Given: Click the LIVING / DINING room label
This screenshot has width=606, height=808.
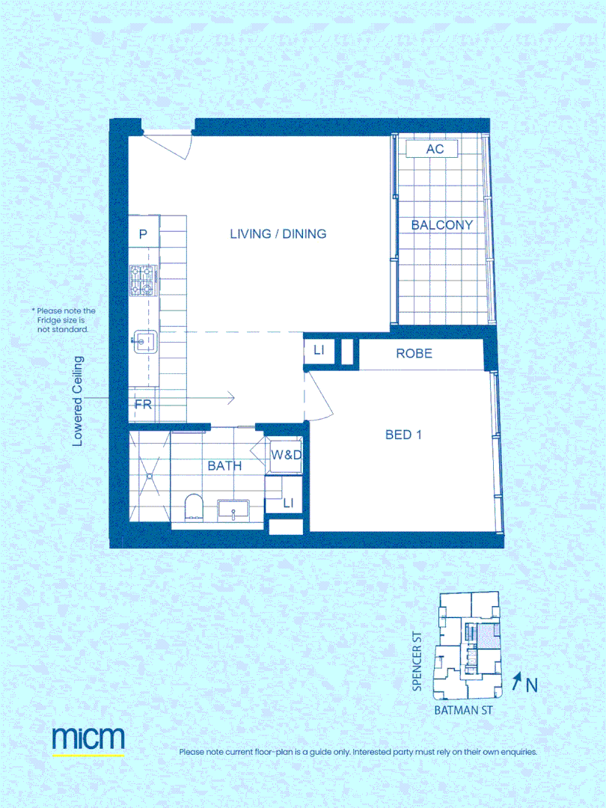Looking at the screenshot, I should (x=278, y=234).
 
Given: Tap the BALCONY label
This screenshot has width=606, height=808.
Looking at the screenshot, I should (x=442, y=224).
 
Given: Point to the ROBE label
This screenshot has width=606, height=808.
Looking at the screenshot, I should (x=414, y=353).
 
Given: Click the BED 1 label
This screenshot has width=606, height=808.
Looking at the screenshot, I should (x=403, y=434).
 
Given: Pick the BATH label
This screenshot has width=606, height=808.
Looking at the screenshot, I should (x=224, y=465).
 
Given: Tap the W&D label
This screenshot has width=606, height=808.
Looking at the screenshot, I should (x=285, y=455).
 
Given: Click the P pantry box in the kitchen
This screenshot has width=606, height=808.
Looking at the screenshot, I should (x=143, y=234).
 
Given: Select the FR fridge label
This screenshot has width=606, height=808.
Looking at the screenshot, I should (x=143, y=405).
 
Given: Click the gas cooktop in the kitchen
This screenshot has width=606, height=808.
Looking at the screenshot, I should (x=142, y=280).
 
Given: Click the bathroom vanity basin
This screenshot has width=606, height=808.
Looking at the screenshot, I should (x=234, y=511).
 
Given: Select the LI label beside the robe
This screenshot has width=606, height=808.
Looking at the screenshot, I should (x=318, y=350).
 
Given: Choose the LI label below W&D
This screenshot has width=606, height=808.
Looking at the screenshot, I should (x=288, y=504).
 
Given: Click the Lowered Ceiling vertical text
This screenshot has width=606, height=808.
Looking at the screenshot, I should (x=78, y=402).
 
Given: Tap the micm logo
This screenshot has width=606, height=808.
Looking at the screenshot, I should (x=88, y=738).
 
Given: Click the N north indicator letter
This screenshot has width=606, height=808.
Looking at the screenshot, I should (x=531, y=685).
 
